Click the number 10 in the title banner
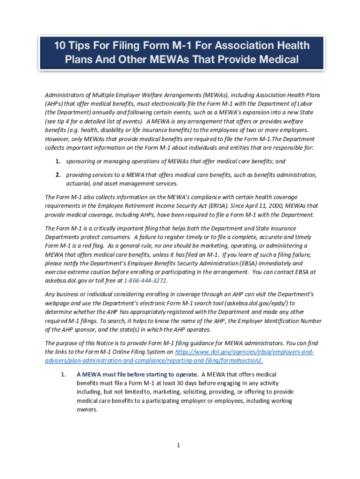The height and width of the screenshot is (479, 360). tap(61, 46)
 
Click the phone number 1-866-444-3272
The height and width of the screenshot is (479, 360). tap(145, 281)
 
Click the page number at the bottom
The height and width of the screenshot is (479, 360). tap(179, 445)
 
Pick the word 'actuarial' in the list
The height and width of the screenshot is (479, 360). tap(79, 184)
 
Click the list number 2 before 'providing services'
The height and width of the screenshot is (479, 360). tap(58, 175)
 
